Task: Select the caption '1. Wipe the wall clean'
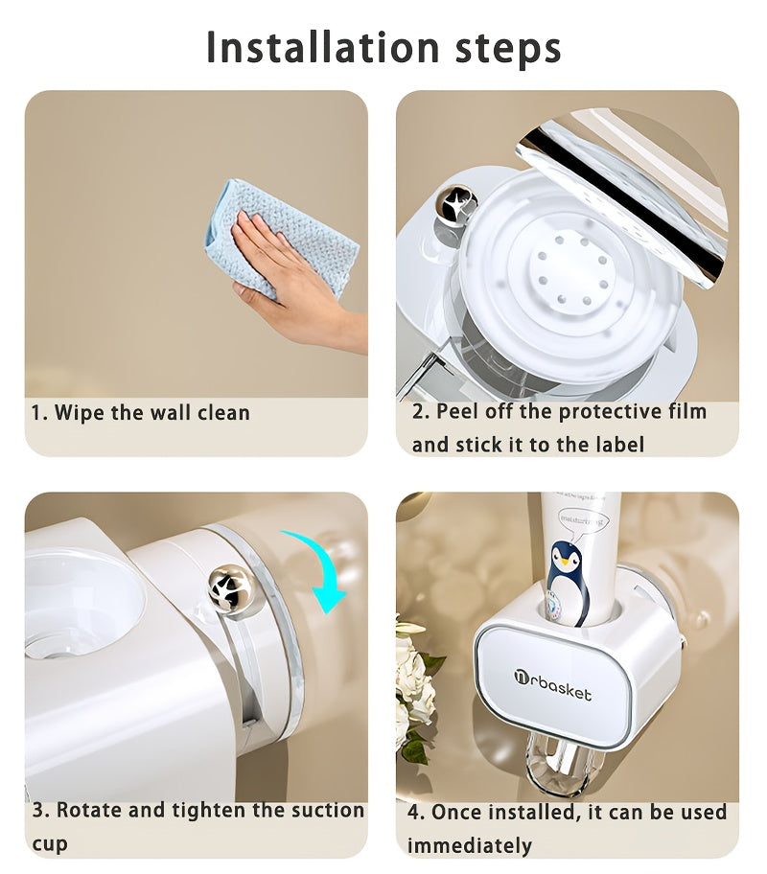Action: [x=140, y=413]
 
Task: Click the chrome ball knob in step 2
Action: [x=456, y=204]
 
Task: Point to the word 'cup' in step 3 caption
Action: [x=49, y=843]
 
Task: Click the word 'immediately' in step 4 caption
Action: [x=469, y=845]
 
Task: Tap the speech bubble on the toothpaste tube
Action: [x=584, y=524]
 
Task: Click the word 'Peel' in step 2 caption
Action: [x=458, y=412]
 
